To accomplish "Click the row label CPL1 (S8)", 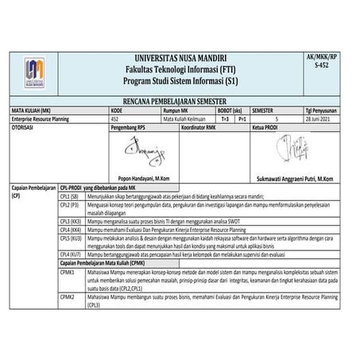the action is coord(70,195).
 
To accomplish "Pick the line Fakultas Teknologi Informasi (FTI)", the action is coord(182,72).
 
